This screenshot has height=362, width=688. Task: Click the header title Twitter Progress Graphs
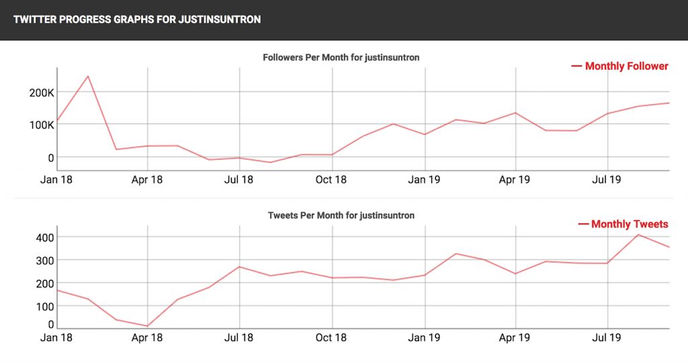click(x=137, y=19)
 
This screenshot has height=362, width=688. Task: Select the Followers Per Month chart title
click(x=341, y=58)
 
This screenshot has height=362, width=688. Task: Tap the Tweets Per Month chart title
click(x=341, y=216)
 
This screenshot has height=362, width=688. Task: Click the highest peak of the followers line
click(x=87, y=76)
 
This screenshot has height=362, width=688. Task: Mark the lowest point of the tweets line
click(x=148, y=326)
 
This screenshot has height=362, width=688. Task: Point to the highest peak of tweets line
click(x=638, y=234)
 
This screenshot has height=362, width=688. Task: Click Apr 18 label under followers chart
click(x=148, y=179)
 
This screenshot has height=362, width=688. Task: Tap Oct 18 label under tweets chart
click(x=332, y=338)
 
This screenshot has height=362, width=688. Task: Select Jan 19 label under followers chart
click(x=424, y=179)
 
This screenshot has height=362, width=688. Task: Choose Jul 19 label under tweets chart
click(x=607, y=338)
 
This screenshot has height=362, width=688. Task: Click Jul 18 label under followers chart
click(x=239, y=179)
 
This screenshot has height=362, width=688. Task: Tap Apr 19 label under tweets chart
click(x=515, y=338)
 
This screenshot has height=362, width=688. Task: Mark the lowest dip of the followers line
click(x=270, y=163)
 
